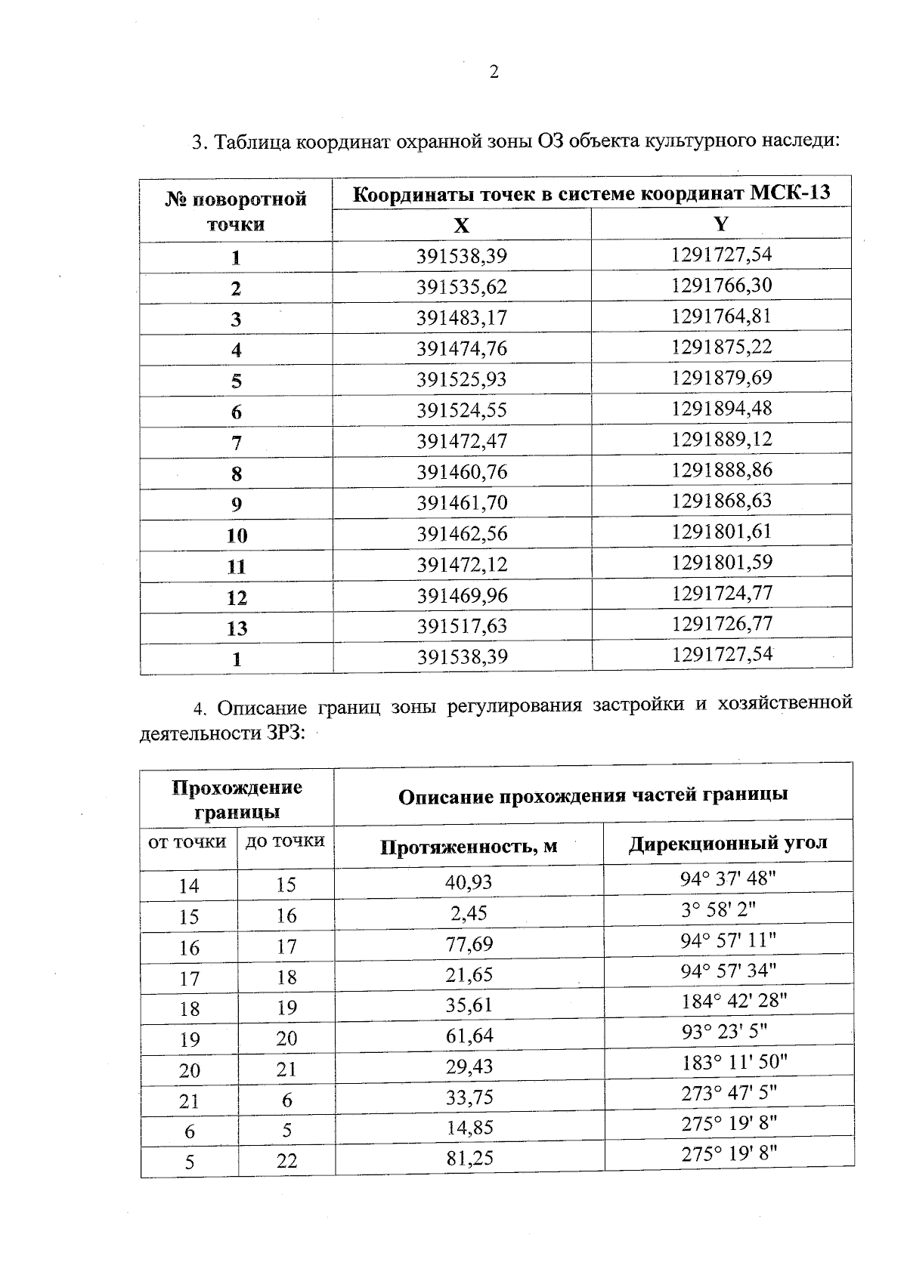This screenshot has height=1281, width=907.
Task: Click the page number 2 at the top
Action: (494, 73)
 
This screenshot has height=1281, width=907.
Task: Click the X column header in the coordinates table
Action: (461, 225)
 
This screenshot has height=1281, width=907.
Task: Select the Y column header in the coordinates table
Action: (721, 224)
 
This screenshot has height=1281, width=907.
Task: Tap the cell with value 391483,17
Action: (461, 318)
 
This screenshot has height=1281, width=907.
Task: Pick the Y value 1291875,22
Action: (721, 347)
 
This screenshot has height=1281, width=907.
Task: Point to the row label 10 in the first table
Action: (237, 536)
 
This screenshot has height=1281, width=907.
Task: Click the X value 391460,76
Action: (461, 473)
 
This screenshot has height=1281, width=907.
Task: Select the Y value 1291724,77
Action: (721, 593)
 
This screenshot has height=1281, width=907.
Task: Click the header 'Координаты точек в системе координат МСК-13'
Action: (592, 193)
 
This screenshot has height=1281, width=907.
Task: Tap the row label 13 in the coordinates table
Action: (237, 628)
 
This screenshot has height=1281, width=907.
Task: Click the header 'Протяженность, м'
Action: (469, 847)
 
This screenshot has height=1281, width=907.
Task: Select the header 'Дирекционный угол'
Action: (728, 844)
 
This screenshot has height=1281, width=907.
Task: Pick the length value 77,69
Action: (469, 944)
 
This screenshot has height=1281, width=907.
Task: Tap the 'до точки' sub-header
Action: (286, 841)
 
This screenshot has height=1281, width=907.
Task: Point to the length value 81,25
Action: (469, 1159)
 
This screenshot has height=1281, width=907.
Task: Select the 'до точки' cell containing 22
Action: (286, 1162)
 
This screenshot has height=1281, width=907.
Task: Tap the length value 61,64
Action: (469, 1036)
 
